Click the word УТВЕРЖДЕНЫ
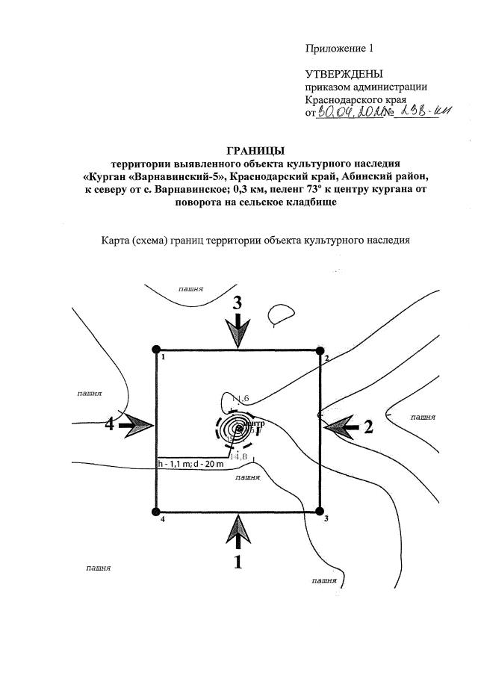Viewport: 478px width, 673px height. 344,74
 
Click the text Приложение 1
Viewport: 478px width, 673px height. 338,49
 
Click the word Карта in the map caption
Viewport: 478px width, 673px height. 117,241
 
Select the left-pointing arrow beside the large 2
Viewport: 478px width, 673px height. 341,426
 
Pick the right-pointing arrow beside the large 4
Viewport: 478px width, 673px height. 135,425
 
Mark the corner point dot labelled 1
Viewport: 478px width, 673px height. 156,350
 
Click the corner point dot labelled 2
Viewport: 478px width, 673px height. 319,350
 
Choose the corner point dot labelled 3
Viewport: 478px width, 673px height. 319,512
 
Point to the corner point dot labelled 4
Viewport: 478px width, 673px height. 156,512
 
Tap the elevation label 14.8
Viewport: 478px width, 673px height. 238,456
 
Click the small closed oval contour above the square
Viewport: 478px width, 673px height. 282,314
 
